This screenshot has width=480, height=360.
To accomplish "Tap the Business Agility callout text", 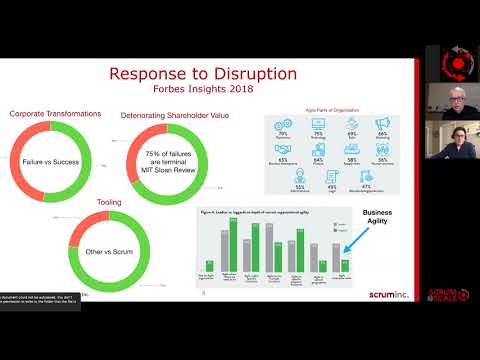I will coord(378,219).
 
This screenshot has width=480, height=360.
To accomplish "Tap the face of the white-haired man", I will coord(446,95).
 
